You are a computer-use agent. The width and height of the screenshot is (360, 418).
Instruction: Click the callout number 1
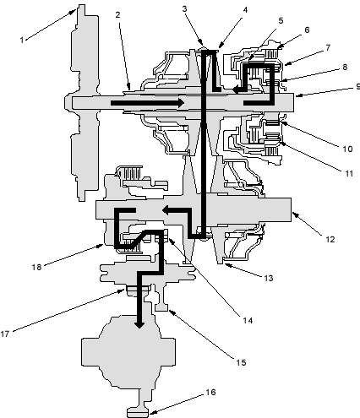click(22, 40)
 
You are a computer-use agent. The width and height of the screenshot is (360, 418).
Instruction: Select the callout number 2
click(118, 15)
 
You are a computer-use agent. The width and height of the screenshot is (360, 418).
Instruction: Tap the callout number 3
click(184, 8)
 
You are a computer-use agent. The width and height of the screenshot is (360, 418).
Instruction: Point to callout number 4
click(245, 10)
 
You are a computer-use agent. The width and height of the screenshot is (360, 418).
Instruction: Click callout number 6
click(307, 30)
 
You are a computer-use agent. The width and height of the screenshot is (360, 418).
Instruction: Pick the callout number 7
click(328, 48)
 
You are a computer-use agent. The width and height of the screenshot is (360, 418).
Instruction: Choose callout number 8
click(345, 67)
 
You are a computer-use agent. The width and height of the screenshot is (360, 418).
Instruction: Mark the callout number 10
click(347, 149)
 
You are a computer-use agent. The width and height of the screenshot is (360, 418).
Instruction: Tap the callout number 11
click(349, 173)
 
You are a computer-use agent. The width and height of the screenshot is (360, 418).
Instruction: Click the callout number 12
click(330, 239)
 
